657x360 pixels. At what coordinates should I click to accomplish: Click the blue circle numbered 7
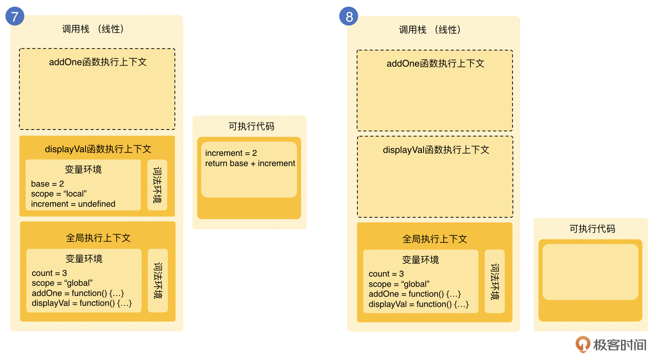tap(15, 16)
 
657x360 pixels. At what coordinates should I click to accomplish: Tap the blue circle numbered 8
tap(349, 16)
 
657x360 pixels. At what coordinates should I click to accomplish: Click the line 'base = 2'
tap(48, 184)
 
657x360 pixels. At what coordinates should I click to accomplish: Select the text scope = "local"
tap(59, 194)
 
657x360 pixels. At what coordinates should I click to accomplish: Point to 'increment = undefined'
tap(73, 204)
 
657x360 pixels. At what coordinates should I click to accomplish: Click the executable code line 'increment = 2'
tap(231, 153)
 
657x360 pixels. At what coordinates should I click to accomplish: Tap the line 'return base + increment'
tap(250, 163)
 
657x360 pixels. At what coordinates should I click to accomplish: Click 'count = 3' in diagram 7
tap(49, 273)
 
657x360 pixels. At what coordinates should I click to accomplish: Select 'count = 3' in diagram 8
tap(386, 274)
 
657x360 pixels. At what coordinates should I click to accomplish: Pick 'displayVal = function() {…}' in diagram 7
tap(82, 303)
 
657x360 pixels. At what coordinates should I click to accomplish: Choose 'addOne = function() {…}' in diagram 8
tap(414, 294)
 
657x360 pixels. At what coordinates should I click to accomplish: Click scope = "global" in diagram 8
tap(399, 284)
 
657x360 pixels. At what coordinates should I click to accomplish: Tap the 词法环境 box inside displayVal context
tap(157, 185)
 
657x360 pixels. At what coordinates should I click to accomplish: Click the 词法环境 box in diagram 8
tap(495, 281)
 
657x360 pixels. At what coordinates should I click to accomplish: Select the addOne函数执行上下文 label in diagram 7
tap(98, 62)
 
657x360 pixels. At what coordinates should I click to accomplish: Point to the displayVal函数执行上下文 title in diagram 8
tap(436, 150)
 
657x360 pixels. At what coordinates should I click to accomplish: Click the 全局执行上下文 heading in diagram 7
tap(98, 238)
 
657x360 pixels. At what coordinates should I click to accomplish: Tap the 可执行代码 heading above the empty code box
tap(592, 229)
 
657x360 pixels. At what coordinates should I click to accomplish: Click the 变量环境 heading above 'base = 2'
tap(83, 169)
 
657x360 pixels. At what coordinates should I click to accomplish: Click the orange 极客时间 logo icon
tap(583, 344)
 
